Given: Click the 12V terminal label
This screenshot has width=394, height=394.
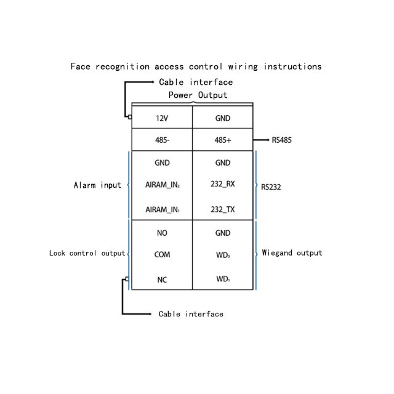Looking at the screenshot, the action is click(162, 118).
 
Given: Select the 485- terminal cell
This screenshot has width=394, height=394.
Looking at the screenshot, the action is click(162, 140).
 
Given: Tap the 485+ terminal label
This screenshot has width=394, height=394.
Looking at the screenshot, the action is click(223, 140).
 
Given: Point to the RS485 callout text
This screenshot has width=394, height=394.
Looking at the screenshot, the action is click(282, 140).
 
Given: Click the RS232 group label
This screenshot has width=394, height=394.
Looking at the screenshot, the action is click(271, 187).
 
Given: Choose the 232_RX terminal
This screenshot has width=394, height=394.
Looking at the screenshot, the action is click(223, 184).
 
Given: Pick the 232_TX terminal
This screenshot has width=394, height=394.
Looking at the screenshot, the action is click(223, 209).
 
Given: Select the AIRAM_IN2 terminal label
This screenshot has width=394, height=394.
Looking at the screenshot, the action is click(163, 185).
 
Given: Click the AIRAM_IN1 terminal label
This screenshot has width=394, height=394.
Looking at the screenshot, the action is click(163, 209).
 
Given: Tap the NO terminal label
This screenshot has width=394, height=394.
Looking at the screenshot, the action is click(162, 233).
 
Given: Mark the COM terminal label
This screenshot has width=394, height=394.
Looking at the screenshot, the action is click(162, 254).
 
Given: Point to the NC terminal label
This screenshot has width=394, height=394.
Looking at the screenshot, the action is click(162, 279).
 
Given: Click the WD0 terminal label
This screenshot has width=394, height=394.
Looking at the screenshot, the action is click(223, 255).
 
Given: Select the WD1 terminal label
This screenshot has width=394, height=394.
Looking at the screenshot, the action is click(223, 279).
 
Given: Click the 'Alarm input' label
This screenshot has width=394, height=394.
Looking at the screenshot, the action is click(97, 185).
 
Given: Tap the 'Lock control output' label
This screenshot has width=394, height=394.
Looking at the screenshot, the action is click(87, 253).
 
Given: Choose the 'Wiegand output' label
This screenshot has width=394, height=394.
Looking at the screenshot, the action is click(292, 252).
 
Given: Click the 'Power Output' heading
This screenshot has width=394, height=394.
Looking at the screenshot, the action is click(198, 95).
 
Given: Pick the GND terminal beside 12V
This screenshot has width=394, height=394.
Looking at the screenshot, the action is click(223, 118).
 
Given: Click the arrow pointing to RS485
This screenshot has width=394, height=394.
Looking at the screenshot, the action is click(261, 140).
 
